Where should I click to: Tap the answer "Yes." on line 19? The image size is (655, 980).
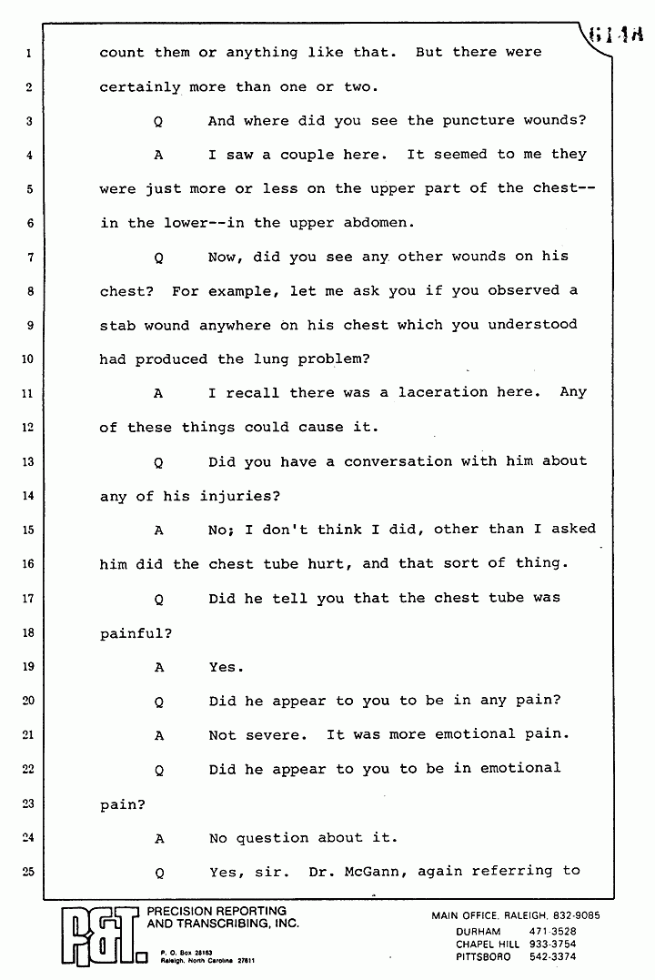tap(226, 667)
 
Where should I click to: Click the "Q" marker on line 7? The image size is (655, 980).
tap(158, 258)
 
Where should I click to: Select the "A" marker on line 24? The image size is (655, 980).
tap(158, 838)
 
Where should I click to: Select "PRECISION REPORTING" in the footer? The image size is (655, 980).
tap(217, 911)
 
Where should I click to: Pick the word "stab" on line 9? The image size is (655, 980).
tap(117, 325)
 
